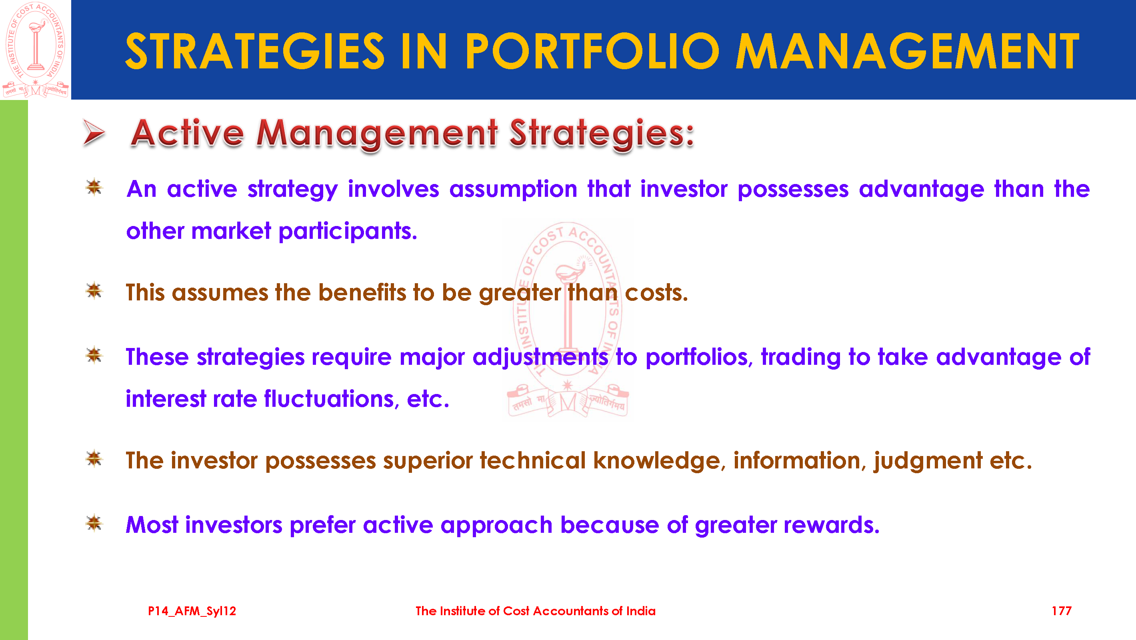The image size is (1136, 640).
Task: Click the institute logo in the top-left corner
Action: coord(35,50)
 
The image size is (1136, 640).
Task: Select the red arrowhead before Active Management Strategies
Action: coord(94,132)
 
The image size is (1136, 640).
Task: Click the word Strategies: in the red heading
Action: coord(602,134)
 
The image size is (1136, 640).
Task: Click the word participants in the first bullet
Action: coord(347,232)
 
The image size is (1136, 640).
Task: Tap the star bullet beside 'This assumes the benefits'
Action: coord(94,291)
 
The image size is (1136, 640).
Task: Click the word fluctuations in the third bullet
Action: coord(332,399)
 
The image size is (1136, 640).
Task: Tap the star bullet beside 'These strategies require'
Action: coord(94,355)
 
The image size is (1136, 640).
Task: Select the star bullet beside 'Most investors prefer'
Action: coord(94,524)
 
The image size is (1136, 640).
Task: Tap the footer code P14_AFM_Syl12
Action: coord(192,611)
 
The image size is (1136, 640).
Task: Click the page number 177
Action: coord(1062,611)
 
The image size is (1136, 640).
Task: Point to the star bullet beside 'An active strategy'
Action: coord(94,187)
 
